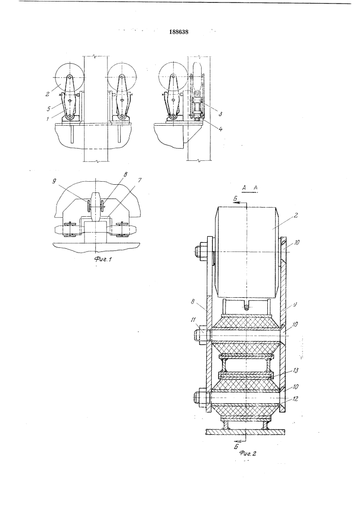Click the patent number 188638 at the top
[x=179, y=32]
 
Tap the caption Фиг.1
[x=103, y=259]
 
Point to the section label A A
[x=250, y=188]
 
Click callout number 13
[x=296, y=371]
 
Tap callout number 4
[x=221, y=128]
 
